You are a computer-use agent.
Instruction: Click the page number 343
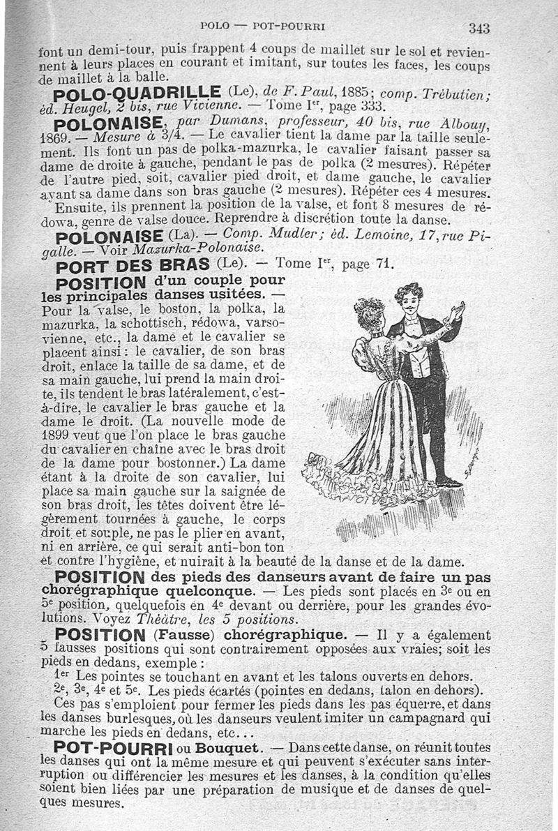click(x=479, y=28)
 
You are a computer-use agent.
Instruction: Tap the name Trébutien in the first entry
click(x=456, y=94)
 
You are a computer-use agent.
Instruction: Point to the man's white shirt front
click(x=420, y=356)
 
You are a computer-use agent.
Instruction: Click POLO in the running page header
click(x=214, y=27)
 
